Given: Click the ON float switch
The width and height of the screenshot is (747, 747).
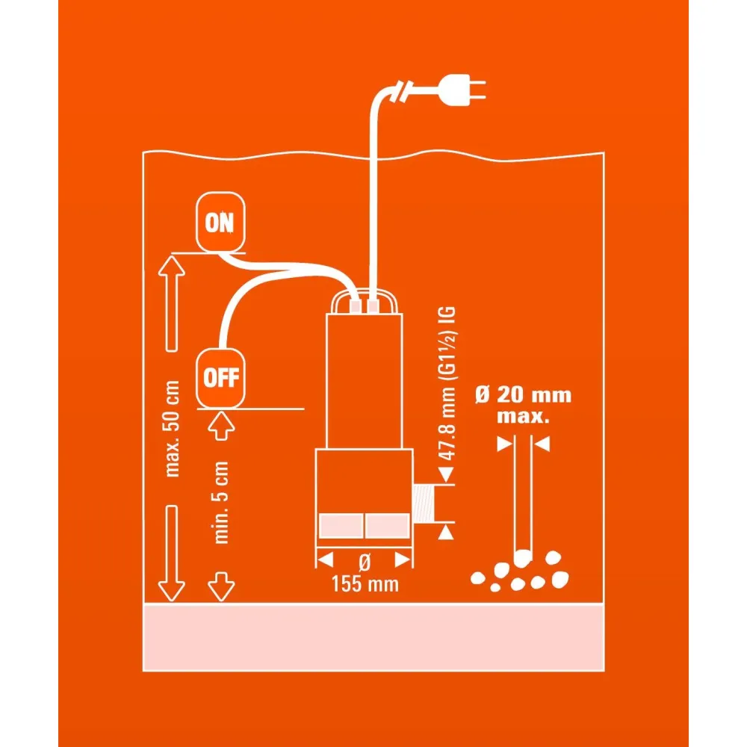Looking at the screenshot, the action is click(x=220, y=222).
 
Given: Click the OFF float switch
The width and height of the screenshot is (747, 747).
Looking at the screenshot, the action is click(x=220, y=378).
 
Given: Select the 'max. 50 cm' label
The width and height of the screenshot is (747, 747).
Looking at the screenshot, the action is click(x=172, y=428).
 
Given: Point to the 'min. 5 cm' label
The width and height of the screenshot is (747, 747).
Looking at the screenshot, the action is click(x=221, y=502).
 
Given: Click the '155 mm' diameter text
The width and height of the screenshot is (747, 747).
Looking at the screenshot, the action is click(x=365, y=584).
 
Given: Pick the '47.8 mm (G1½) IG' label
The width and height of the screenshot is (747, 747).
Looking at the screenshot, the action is click(x=447, y=383).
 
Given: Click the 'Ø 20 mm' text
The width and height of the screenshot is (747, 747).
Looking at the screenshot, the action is click(x=523, y=395).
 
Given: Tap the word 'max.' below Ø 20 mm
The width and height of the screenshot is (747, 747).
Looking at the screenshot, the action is click(x=523, y=416).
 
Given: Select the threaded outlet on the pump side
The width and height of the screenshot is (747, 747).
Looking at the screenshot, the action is click(x=424, y=503).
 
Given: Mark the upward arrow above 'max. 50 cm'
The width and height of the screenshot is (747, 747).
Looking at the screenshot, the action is click(x=172, y=303).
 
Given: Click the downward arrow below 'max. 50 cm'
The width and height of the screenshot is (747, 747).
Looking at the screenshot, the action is click(x=172, y=553).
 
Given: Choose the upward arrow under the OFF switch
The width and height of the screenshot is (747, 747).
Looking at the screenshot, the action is click(x=221, y=427).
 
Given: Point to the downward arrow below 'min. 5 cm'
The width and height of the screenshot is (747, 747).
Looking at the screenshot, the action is click(x=221, y=586).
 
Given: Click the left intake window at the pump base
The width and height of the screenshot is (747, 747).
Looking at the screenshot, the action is click(x=341, y=525).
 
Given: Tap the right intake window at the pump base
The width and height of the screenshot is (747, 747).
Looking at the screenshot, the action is click(x=387, y=525).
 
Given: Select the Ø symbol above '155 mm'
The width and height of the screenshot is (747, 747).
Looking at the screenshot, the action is click(x=365, y=562).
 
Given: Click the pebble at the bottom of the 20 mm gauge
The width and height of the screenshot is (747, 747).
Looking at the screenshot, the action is click(x=523, y=558).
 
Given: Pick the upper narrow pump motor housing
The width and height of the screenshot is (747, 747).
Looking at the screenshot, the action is click(x=365, y=381).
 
